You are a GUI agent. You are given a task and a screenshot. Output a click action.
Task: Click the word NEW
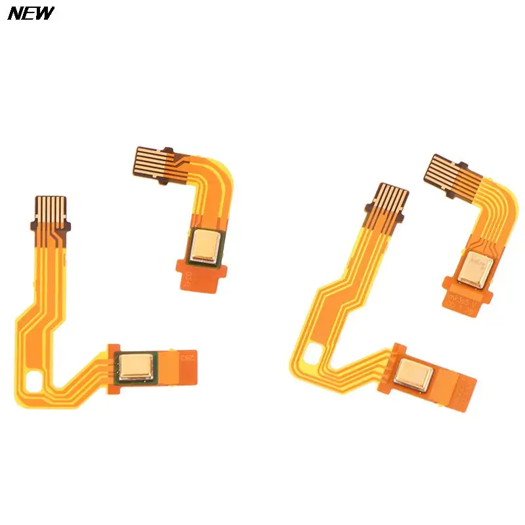(x=31, y=14)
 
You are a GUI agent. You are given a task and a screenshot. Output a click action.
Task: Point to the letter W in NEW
(x=45, y=14)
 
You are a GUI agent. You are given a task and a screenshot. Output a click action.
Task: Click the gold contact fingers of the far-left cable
(x=51, y=208)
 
